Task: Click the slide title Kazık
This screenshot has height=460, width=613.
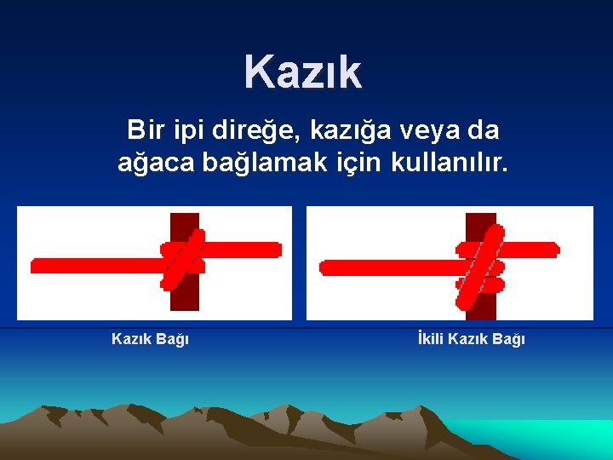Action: point(303,72)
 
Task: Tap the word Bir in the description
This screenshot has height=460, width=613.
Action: point(145,130)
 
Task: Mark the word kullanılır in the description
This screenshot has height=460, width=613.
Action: point(450,161)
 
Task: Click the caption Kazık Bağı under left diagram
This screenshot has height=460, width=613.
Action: point(150,339)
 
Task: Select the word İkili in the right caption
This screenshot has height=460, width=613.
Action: point(430,339)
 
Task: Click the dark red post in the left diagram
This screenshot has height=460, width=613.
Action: point(184,294)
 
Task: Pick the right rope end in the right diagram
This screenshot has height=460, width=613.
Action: point(553,250)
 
